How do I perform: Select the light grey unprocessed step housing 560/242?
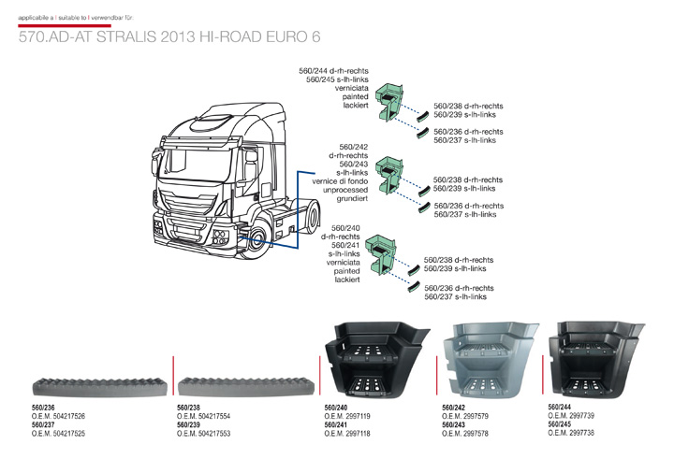tap(490, 360)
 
